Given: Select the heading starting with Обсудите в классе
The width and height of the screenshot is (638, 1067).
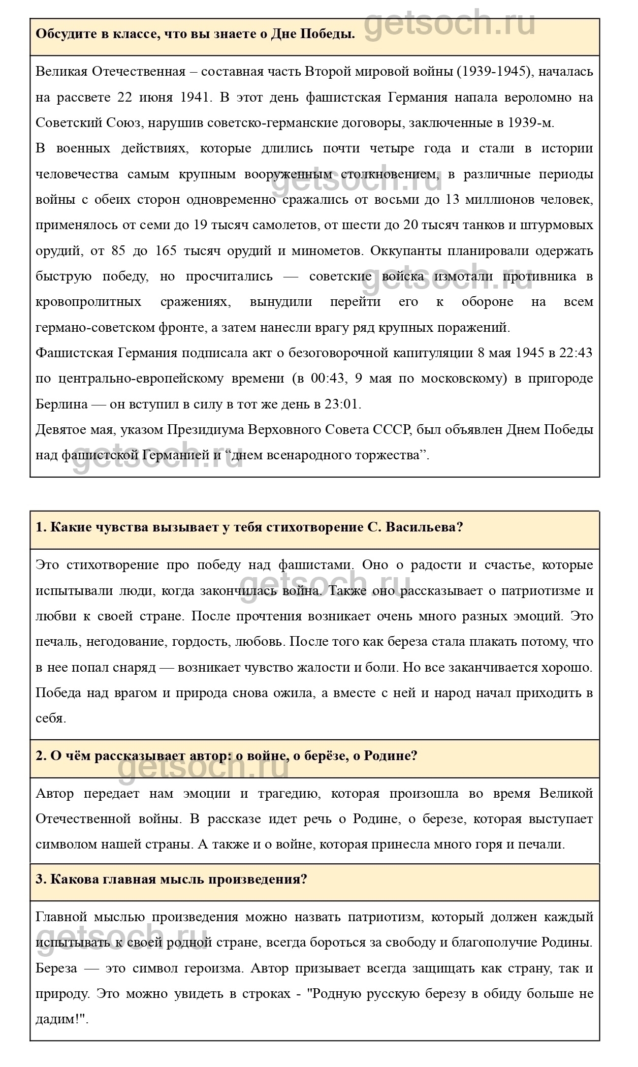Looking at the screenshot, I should (x=196, y=35).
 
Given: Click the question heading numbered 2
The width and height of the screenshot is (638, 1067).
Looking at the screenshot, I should (x=226, y=756).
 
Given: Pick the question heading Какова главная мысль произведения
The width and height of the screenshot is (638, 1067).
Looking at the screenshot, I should (x=171, y=880).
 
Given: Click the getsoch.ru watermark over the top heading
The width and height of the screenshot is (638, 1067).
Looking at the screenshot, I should (x=450, y=23).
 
